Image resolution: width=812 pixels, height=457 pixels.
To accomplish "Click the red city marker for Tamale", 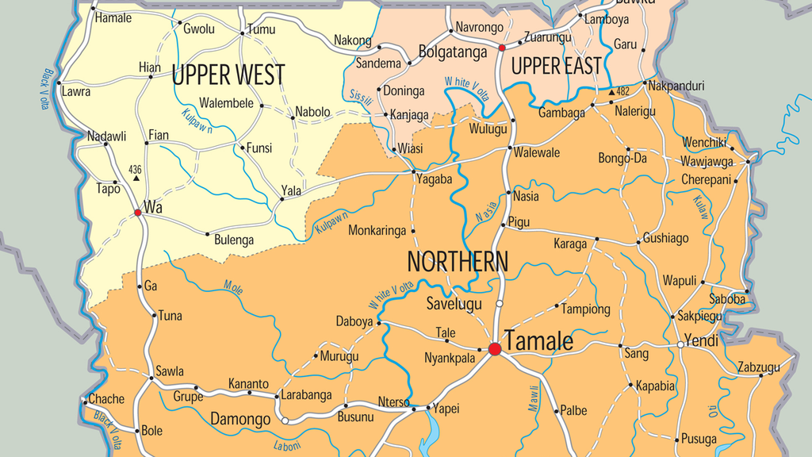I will pos(495,348).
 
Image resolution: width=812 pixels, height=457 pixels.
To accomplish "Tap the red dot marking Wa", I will pos(138,213).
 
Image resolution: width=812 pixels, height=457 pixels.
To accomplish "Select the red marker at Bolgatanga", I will pos(501,48).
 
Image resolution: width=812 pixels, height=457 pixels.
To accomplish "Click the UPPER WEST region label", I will pos(228,75).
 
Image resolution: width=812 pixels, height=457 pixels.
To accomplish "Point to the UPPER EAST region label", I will pos(556,67).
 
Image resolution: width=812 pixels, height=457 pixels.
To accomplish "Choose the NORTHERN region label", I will pos(458,261).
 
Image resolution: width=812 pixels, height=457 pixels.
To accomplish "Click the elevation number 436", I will pos(135,169).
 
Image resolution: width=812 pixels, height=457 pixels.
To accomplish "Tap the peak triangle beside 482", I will pos(611,93).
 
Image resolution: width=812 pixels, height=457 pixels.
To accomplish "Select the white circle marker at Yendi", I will pos(680,345).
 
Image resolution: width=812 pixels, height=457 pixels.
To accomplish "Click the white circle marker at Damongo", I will pos(285,421).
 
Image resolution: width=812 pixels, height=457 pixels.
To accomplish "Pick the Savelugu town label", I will pos(454,304).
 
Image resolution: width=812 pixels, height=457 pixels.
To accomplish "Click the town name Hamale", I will pos(113,17).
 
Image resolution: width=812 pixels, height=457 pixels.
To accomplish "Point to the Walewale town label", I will pos(537,152).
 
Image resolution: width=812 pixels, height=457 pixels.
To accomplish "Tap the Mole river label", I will pos(233,286).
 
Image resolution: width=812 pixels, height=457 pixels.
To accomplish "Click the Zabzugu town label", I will pos(758,367).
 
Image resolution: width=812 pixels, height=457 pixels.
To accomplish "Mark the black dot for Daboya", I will pos(379,323).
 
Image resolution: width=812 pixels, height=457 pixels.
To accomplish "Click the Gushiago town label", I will pos(665,238).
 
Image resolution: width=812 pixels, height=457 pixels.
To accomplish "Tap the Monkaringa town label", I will pos(377,231).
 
